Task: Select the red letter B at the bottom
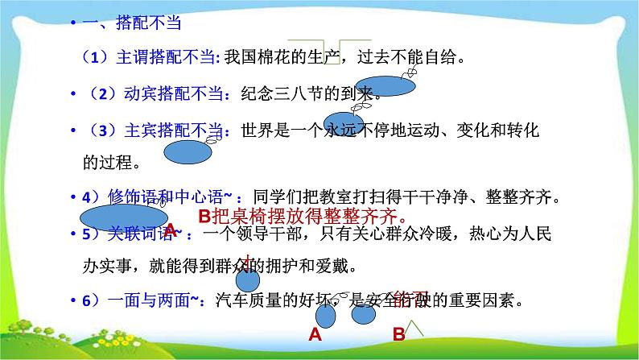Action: [x=398, y=335]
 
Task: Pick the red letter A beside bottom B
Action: [x=315, y=335]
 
